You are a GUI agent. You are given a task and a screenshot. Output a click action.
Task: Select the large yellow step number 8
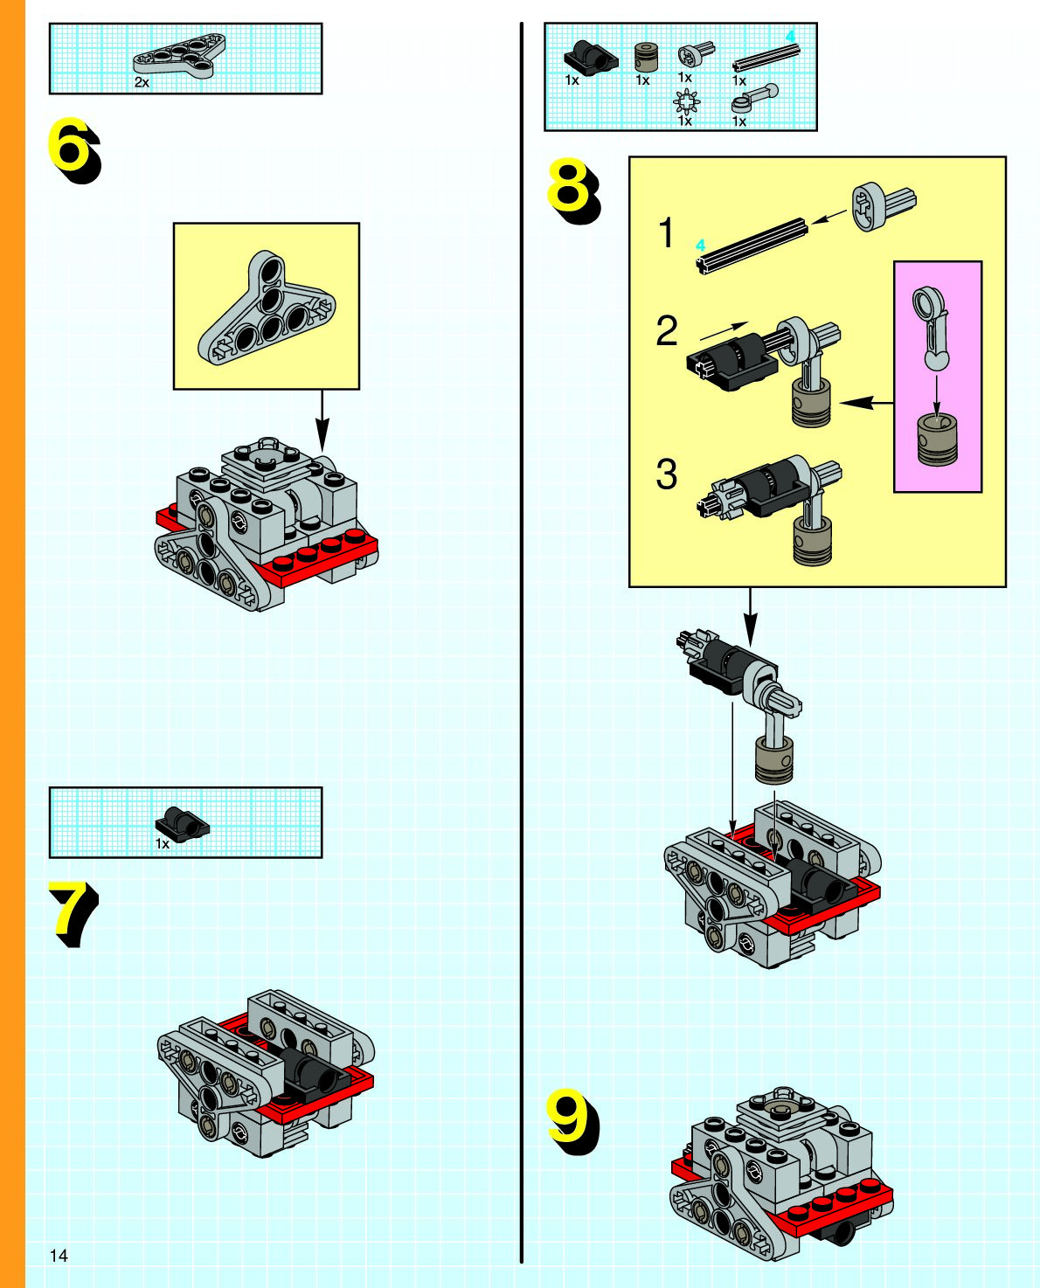tap(569, 185)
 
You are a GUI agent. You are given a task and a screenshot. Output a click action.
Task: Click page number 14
tap(59, 1256)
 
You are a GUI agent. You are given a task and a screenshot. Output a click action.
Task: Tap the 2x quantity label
tap(142, 82)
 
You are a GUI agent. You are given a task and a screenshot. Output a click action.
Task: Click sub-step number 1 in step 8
tap(667, 234)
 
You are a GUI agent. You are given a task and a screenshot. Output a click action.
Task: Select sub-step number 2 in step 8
tap(667, 331)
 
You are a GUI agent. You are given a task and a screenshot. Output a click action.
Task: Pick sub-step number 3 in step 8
tap(667, 474)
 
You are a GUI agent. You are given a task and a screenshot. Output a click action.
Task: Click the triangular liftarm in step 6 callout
tap(266, 310)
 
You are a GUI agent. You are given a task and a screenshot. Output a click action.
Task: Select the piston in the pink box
tap(936, 440)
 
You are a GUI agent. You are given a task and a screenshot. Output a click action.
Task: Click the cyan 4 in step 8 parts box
tap(790, 36)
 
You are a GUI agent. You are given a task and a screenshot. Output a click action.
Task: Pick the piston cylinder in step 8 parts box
tap(645, 58)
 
